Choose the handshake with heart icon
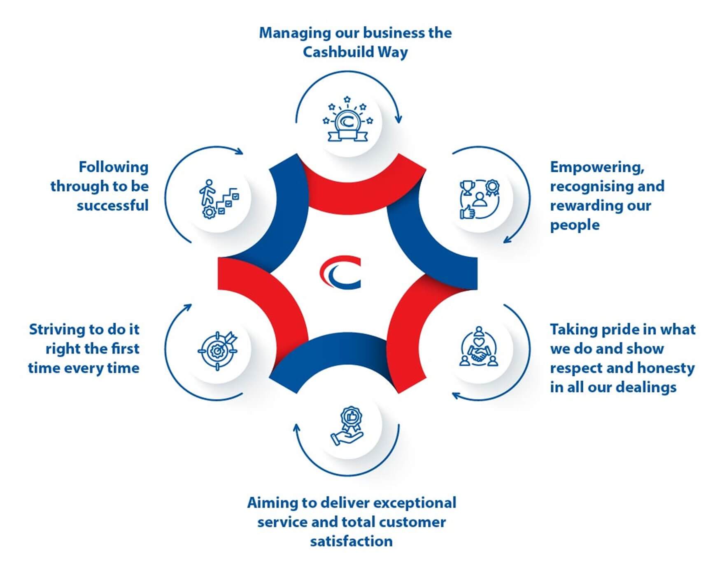click(478, 347)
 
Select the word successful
click(112, 205)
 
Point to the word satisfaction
click(351, 541)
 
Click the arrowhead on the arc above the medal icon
click(398, 119)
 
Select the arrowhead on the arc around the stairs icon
click(240, 151)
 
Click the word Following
click(114, 167)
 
